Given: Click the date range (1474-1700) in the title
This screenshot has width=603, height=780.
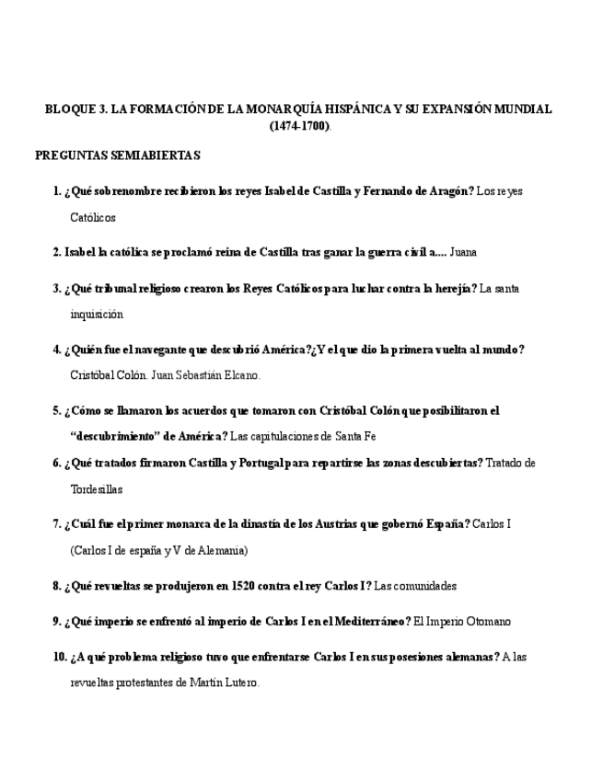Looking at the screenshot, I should pyautogui.click(x=299, y=126).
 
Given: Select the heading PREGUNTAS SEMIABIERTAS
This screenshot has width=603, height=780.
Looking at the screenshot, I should pyautogui.click(x=118, y=155).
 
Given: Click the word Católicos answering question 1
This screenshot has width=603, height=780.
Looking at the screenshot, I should pyautogui.click(x=93, y=218).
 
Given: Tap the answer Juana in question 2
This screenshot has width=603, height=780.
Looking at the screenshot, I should pyautogui.click(x=463, y=251).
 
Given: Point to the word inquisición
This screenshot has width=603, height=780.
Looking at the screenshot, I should pyautogui.click(x=97, y=314).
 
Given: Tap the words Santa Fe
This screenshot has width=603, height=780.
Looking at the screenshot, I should pyautogui.click(x=355, y=436).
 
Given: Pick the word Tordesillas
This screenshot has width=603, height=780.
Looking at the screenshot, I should pyautogui.click(x=97, y=489).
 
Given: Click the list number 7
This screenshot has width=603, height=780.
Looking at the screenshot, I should pyautogui.click(x=56, y=524).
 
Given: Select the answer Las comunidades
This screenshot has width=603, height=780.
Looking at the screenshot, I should pyautogui.click(x=416, y=585).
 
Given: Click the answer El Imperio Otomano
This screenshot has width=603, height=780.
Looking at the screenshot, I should pyautogui.click(x=462, y=621).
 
